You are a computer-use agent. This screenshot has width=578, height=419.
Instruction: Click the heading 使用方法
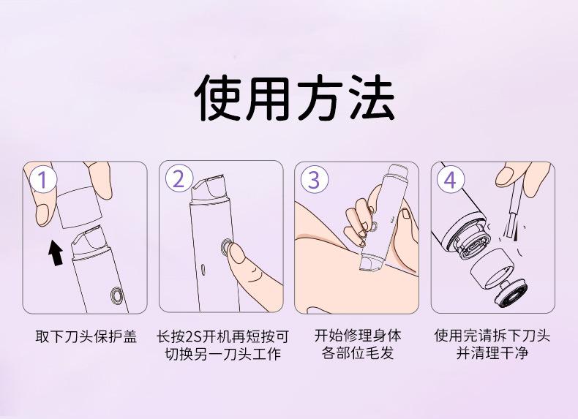tap(295, 98)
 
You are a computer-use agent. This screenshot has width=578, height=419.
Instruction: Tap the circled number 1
tap(43, 180)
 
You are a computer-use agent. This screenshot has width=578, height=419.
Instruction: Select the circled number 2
tap(179, 179)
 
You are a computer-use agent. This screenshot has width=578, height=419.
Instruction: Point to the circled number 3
tap(315, 180)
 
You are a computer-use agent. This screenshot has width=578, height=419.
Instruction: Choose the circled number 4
tap(451, 180)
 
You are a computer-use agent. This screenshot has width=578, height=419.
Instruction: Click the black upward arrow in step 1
tap(56, 252)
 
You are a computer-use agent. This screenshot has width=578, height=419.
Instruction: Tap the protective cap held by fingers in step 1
tap(78, 207)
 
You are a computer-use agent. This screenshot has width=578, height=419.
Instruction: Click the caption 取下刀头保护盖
tap(86, 337)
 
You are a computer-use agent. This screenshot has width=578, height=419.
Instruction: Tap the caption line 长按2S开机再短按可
tap(222, 337)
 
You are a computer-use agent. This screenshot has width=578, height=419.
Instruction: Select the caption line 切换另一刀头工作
tap(222, 354)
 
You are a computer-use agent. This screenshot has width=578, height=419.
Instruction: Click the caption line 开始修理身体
tap(358, 336)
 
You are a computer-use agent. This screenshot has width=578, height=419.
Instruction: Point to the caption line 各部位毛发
tap(358, 353)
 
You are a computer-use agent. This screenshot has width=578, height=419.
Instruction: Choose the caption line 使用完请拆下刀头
tap(492, 336)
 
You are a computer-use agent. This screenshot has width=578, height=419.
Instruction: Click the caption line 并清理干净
tap(492, 353)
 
